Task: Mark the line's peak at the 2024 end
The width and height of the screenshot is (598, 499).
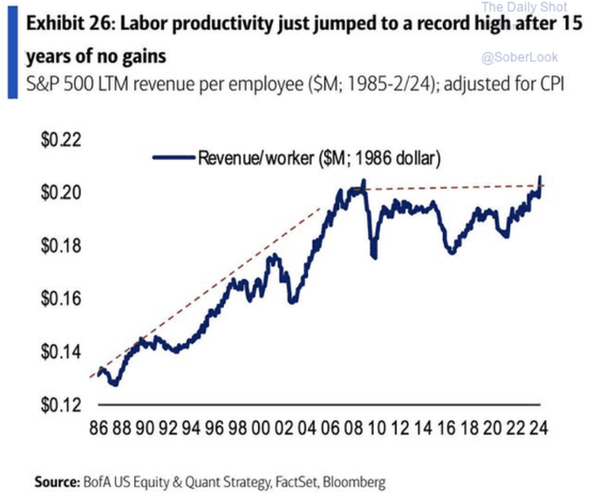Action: click(539, 178)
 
